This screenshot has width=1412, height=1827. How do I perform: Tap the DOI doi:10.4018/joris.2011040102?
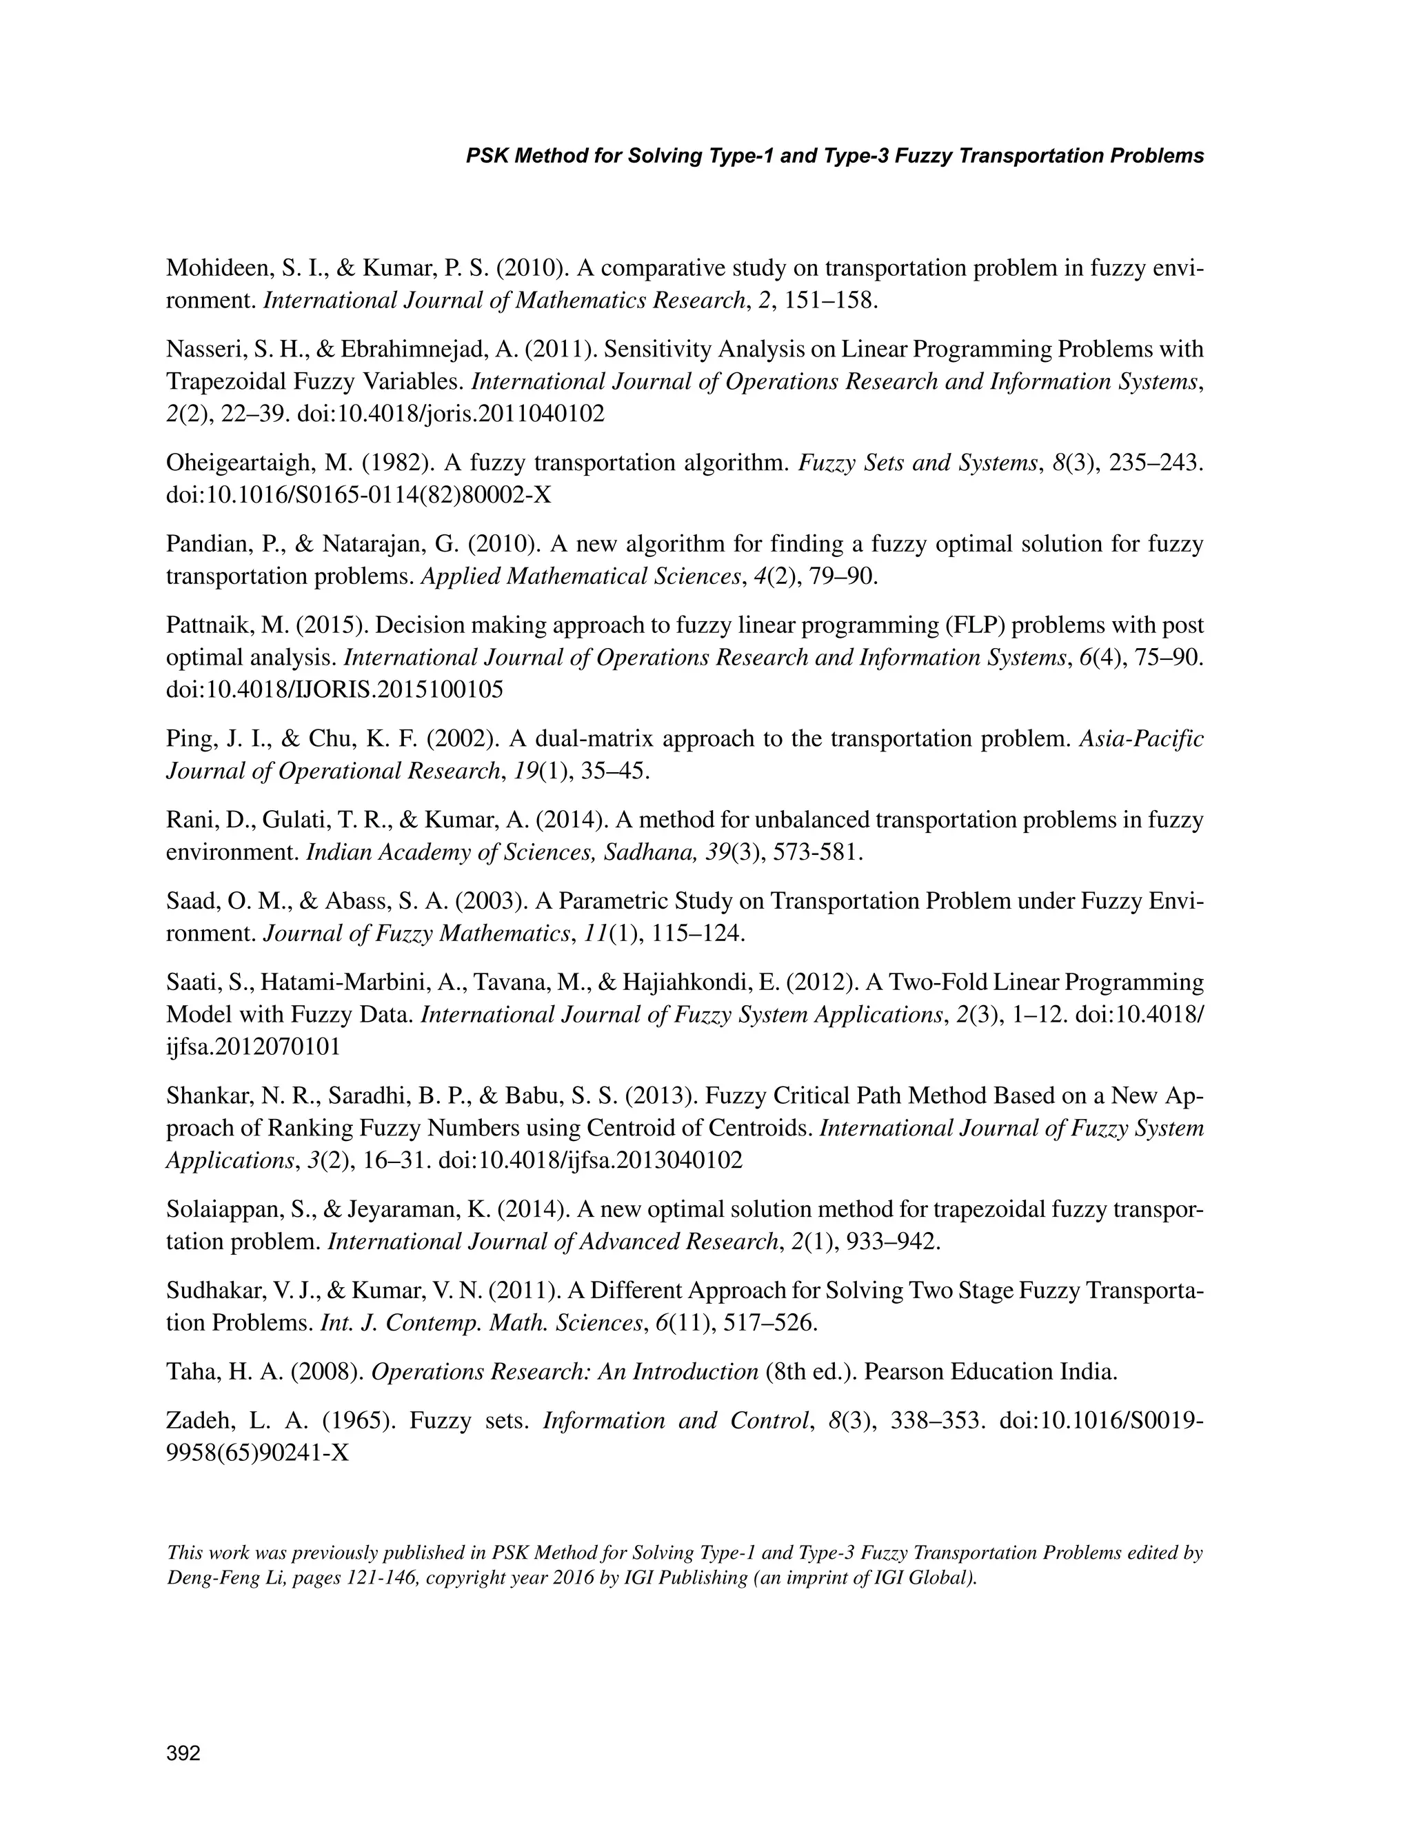point(451,413)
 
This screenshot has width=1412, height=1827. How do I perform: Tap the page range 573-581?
point(816,852)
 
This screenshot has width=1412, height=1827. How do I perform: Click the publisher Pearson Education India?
point(989,1372)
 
